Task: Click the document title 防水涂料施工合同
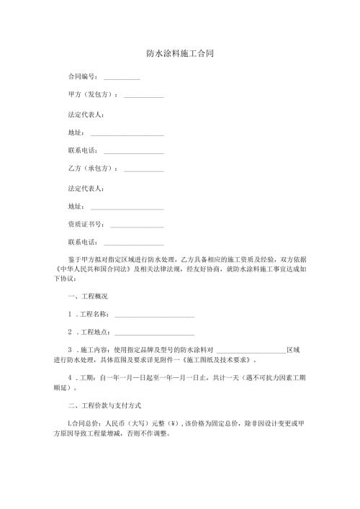[x=180, y=54]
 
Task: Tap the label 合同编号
[x=82, y=76]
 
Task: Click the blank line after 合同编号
[x=122, y=78]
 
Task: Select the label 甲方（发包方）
[x=92, y=95]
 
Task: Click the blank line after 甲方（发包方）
[x=144, y=96]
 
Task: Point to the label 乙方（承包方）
[x=92, y=169]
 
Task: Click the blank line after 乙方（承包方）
[x=144, y=171]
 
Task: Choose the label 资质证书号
[x=82, y=225]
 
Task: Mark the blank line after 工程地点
[x=154, y=334]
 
